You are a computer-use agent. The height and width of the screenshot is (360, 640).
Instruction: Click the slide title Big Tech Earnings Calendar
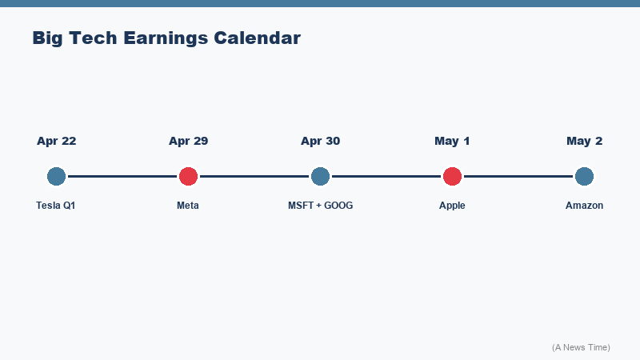(166, 38)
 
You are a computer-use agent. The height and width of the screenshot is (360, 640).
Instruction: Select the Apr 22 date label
(56, 141)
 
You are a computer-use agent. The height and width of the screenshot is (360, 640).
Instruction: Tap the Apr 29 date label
(188, 141)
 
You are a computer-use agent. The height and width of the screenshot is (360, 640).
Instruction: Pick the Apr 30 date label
(320, 141)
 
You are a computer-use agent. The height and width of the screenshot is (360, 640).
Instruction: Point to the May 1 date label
(452, 141)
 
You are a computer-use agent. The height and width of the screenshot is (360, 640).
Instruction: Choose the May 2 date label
(584, 141)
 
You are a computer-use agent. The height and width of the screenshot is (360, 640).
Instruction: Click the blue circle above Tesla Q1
(56, 176)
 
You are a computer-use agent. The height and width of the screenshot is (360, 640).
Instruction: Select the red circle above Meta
(188, 176)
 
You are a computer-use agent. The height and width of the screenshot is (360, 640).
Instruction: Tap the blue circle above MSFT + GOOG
(320, 176)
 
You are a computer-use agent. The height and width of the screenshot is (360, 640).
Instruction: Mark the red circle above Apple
(452, 176)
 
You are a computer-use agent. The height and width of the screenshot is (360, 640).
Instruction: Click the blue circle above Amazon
(584, 176)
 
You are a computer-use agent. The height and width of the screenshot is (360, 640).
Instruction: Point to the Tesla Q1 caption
(56, 206)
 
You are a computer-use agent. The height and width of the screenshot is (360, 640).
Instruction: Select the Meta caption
(188, 206)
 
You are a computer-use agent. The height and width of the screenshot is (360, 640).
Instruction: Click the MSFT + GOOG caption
(320, 206)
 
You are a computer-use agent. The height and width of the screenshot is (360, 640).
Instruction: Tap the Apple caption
(452, 206)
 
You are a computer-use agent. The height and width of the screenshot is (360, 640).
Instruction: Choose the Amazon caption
(584, 206)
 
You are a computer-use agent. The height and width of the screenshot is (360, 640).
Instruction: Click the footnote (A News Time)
(581, 347)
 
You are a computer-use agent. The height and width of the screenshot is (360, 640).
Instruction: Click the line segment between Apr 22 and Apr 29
(122, 176)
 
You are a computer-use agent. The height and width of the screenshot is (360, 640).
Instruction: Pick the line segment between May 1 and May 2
(518, 176)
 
